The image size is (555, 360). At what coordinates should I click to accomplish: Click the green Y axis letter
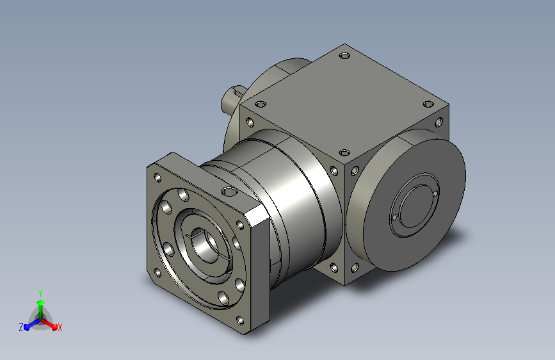tap(40, 293)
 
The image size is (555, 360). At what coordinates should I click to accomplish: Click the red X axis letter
tap(60, 328)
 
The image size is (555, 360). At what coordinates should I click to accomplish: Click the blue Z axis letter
tap(21, 327)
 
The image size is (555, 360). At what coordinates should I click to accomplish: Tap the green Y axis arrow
tap(41, 309)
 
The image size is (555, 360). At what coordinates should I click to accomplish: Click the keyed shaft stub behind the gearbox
tap(232, 99)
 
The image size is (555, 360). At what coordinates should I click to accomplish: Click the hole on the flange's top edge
tap(229, 192)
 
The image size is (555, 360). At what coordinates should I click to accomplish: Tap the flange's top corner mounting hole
tap(157, 177)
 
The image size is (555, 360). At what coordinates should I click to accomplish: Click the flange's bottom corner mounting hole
tap(240, 320)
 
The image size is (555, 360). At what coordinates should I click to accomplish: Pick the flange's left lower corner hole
tap(157, 272)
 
